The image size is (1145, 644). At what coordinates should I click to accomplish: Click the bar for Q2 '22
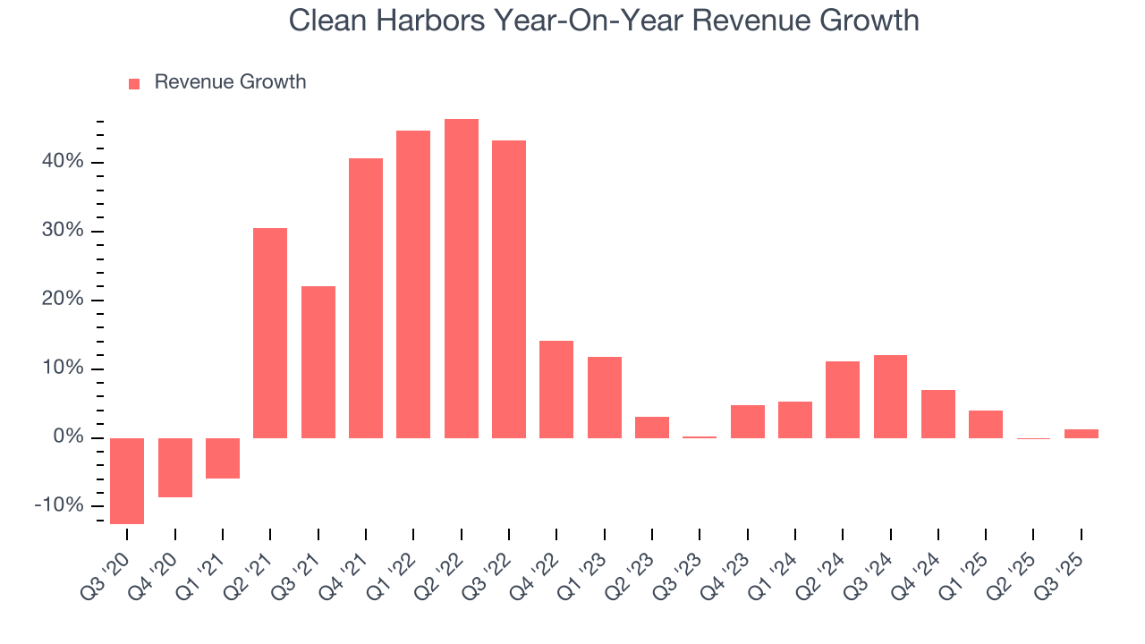click(x=461, y=278)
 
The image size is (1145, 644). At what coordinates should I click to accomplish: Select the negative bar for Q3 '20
click(x=127, y=480)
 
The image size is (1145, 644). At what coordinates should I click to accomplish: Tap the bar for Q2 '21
click(x=270, y=333)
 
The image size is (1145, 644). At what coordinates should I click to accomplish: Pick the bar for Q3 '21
click(x=318, y=361)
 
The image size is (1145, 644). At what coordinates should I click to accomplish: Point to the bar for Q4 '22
click(x=556, y=389)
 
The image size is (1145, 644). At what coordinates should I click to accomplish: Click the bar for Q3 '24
click(x=890, y=396)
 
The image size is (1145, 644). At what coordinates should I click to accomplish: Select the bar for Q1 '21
click(x=223, y=458)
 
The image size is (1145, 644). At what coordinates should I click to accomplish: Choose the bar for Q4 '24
click(x=937, y=413)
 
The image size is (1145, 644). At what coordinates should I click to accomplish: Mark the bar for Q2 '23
click(x=652, y=427)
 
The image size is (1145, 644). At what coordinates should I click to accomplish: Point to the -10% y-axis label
click(x=58, y=506)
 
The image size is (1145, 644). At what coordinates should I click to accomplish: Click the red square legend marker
click(x=134, y=83)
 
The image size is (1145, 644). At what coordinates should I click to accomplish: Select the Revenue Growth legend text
click(x=230, y=82)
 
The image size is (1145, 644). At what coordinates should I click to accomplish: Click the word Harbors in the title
click(x=423, y=21)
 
